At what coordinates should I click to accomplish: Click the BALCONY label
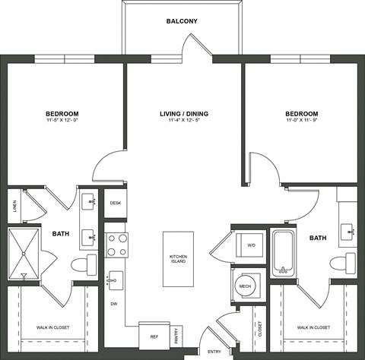click(x=182, y=21)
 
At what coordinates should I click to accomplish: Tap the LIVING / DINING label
click(x=183, y=114)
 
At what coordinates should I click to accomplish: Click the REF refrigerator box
click(x=153, y=334)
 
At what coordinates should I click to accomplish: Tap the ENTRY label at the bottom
click(x=215, y=351)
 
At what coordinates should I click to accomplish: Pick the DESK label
click(x=116, y=203)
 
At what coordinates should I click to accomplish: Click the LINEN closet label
click(x=15, y=205)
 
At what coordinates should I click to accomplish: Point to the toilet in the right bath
click(x=340, y=264)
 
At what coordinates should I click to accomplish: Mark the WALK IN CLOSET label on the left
click(x=53, y=327)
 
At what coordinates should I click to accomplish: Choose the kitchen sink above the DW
click(x=114, y=280)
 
